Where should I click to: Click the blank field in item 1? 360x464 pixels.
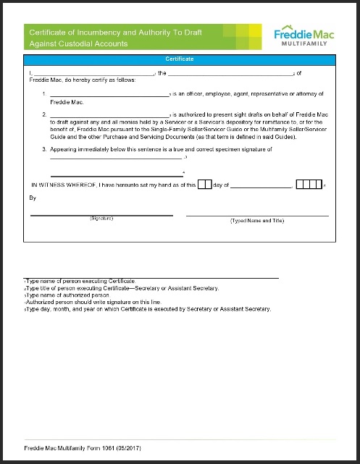(109, 94)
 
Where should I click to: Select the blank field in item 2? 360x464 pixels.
(109, 114)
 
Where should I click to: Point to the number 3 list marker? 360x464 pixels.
(44, 148)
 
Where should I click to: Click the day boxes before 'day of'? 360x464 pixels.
(204, 185)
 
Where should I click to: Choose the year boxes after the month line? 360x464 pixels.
(310, 185)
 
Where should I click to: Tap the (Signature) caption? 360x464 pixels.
(101, 219)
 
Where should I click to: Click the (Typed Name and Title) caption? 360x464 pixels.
(257, 219)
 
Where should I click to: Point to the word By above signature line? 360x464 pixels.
(32, 197)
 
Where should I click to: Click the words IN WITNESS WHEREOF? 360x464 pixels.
(64, 185)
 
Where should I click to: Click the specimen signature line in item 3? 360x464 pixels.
(116, 174)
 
